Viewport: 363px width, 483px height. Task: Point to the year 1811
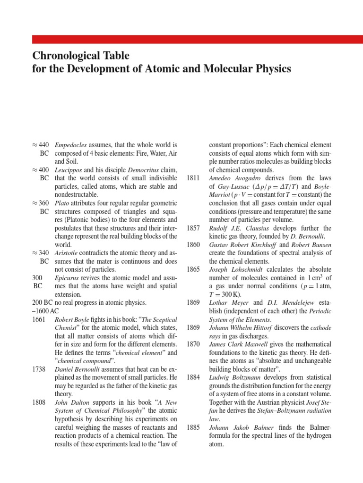point(193,178)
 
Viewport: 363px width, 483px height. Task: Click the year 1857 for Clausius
point(193,228)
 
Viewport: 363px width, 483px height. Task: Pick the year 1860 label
point(193,244)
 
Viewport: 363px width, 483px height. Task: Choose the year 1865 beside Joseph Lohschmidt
point(193,269)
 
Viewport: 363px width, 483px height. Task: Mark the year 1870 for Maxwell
point(193,344)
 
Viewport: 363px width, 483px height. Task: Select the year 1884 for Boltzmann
point(193,378)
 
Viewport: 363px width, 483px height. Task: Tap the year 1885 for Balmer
point(193,428)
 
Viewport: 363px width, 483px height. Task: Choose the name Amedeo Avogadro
point(233,178)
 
